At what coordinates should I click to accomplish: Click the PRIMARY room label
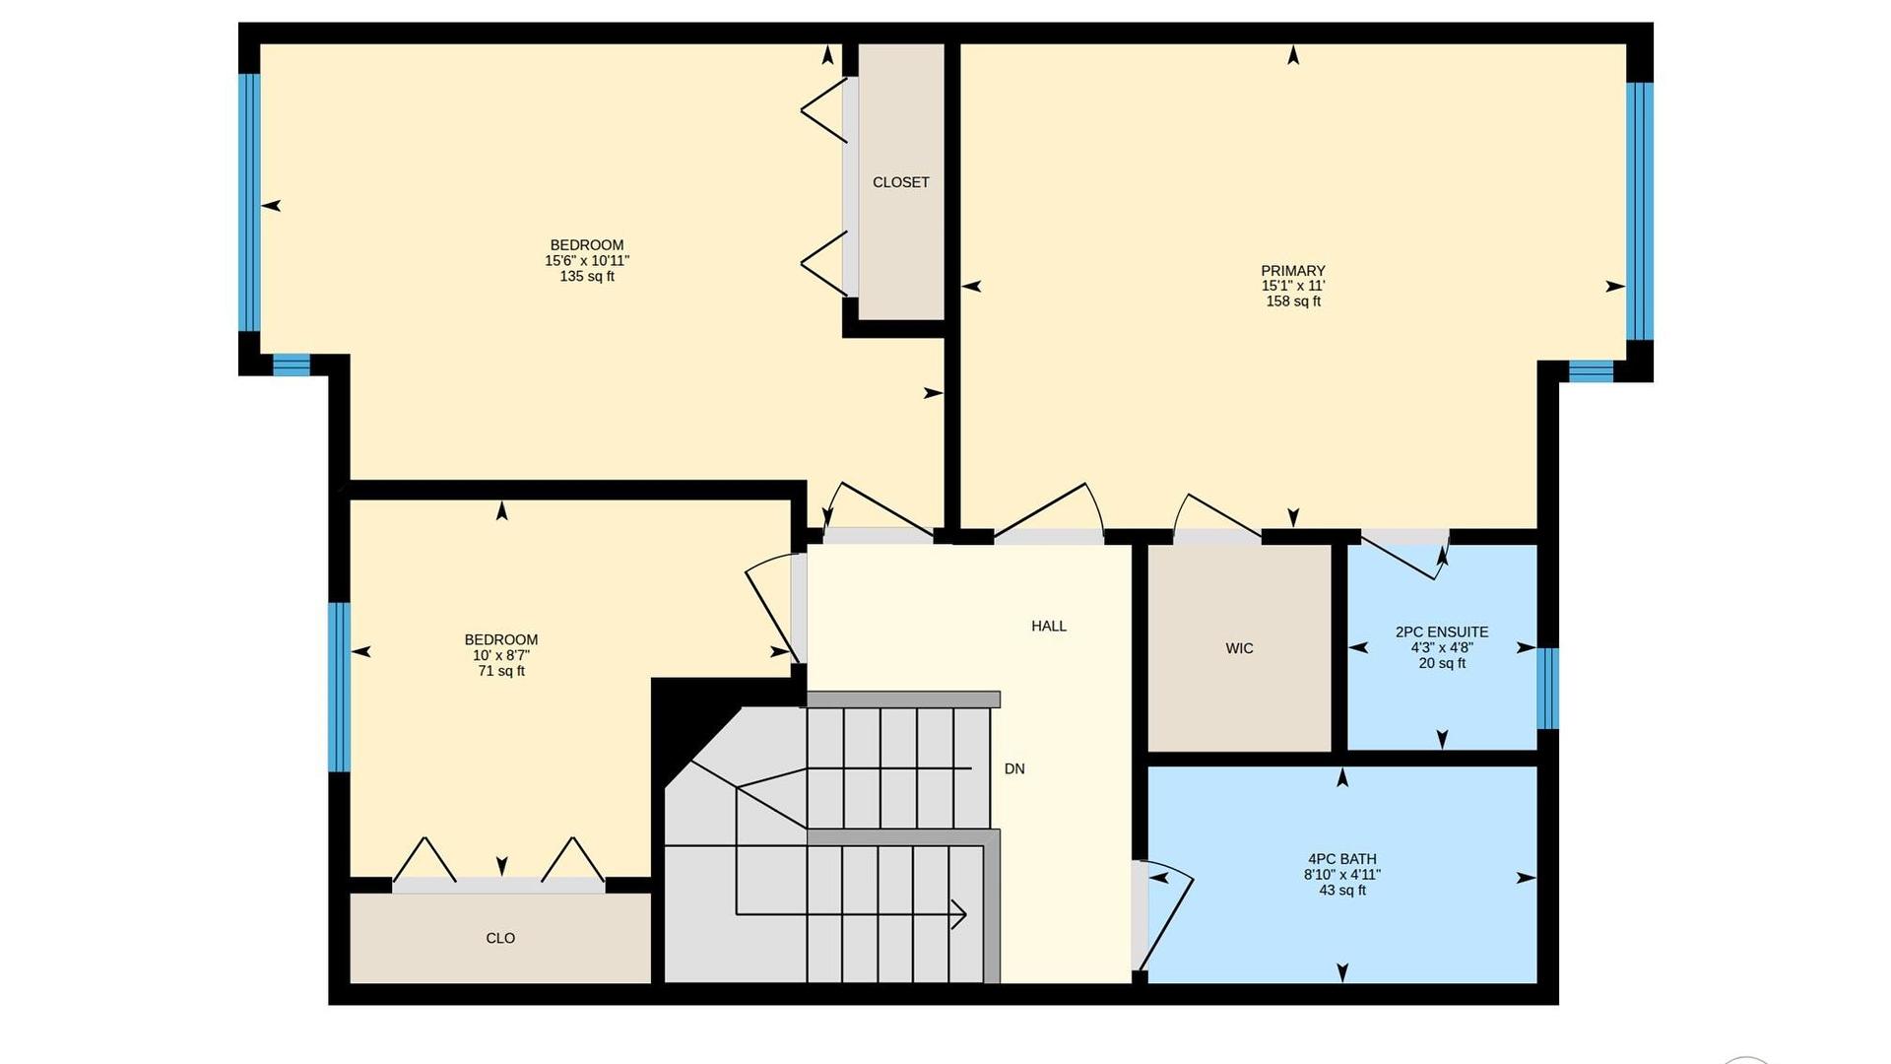[1293, 271]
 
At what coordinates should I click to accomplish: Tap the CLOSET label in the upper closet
[901, 182]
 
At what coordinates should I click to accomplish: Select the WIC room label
[1239, 648]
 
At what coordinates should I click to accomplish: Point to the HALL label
[1049, 626]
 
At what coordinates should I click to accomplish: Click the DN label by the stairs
[1014, 768]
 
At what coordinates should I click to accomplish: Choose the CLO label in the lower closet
[500, 938]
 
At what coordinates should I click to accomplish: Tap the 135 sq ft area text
[587, 277]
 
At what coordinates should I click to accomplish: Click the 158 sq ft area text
[1293, 301]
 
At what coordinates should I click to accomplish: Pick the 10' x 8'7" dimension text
[501, 655]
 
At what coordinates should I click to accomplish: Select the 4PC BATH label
[1342, 859]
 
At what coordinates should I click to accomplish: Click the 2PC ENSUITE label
[1442, 632]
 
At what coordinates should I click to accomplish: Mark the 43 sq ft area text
[1342, 891]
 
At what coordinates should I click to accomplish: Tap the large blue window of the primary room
[1640, 211]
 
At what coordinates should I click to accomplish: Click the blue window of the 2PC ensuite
[1548, 688]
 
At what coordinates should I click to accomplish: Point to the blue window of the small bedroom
[339, 687]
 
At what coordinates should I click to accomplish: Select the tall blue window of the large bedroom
[249, 202]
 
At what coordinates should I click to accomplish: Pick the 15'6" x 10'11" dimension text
[587, 261]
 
